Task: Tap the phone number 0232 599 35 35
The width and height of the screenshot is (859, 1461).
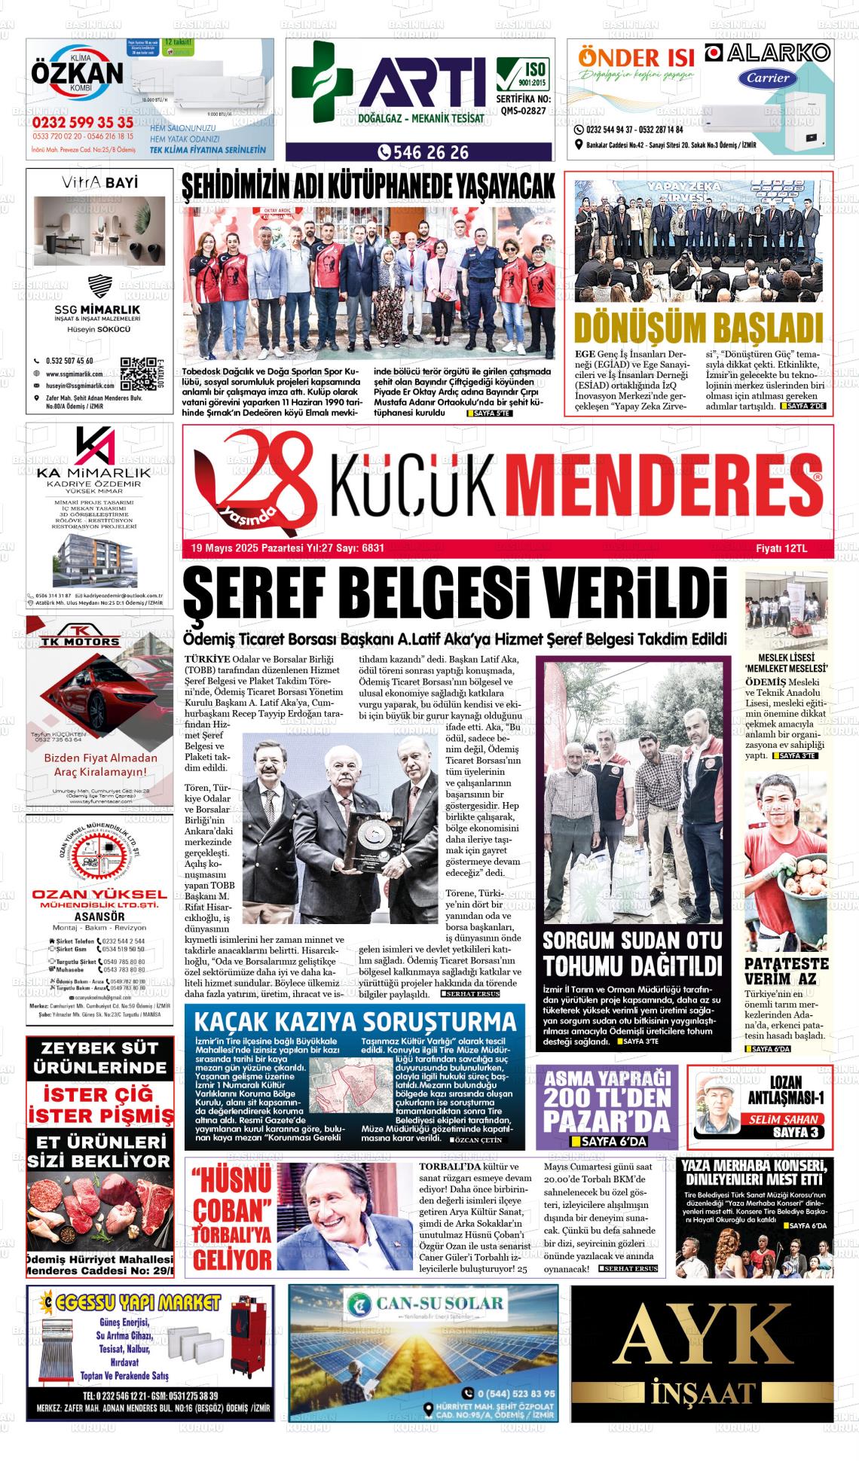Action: click(83, 123)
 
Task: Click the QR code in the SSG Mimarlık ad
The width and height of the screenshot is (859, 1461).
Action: click(137, 371)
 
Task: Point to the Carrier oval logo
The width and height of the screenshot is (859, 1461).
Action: click(768, 78)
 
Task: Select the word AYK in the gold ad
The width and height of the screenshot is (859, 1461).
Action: click(702, 1337)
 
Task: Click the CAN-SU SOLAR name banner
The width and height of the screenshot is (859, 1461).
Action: click(423, 1304)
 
